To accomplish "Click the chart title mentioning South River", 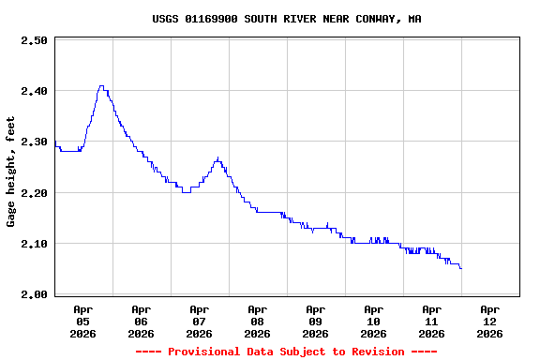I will (286, 19).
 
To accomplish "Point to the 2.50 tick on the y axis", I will (34, 40).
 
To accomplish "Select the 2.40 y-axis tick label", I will (34, 91).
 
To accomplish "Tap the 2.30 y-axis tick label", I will (34, 142).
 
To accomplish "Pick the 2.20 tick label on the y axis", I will (34, 192).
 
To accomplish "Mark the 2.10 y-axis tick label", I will (34, 243).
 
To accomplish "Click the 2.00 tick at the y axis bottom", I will (34, 293).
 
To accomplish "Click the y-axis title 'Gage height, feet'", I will (11, 172).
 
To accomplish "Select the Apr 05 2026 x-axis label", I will (82, 321).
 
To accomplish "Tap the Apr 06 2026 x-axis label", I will (141, 321).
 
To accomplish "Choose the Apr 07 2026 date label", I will (199, 321).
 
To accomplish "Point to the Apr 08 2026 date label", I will (257, 321).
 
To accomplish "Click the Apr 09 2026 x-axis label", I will (315, 321).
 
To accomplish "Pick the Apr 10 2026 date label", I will (373, 321).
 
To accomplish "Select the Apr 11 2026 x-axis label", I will (431, 321).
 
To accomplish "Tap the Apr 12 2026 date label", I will (489, 321).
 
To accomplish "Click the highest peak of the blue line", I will (101, 86).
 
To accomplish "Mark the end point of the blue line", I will (460, 268).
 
